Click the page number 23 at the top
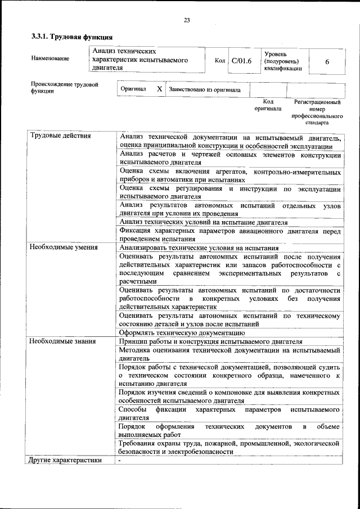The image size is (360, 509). click(x=186, y=21)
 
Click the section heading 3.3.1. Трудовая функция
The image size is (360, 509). click(x=68, y=37)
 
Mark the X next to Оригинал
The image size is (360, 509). click(x=159, y=89)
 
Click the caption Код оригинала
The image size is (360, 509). click(x=268, y=105)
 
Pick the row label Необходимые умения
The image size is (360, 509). click(x=64, y=247)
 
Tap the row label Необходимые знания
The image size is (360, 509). click(x=62, y=341)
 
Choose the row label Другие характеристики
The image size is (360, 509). click(x=65, y=460)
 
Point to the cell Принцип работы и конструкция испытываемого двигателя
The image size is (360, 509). click(x=211, y=341)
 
